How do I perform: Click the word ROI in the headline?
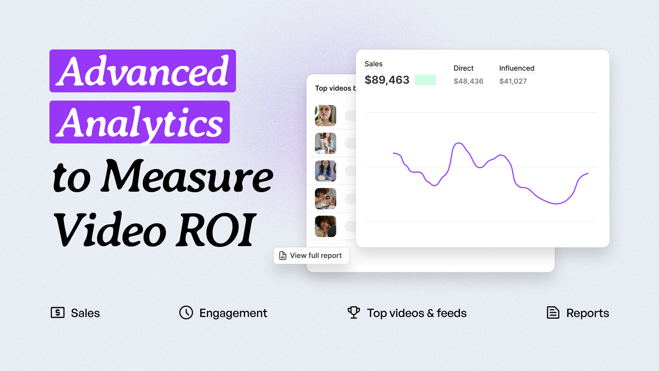click(x=214, y=230)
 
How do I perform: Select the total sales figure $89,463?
click(x=387, y=80)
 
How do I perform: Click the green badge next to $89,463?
click(x=425, y=80)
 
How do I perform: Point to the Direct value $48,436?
click(x=468, y=81)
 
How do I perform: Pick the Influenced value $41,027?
click(x=513, y=81)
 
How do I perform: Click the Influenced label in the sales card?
click(x=516, y=68)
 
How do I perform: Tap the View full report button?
click(x=311, y=255)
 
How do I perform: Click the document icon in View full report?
click(x=283, y=256)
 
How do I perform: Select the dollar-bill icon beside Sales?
click(x=58, y=312)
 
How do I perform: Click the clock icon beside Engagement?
click(x=186, y=312)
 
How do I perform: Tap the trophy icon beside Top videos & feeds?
click(x=354, y=312)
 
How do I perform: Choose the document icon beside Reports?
click(x=553, y=312)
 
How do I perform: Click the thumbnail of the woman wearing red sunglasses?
click(x=325, y=116)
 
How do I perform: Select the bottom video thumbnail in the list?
click(x=325, y=226)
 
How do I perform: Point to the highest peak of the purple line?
click(x=458, y=143)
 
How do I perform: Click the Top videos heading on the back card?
click(x=335, y=88)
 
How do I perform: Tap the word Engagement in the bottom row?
click(x=233, y=313)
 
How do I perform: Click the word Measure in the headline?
click(x=187, y=176)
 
